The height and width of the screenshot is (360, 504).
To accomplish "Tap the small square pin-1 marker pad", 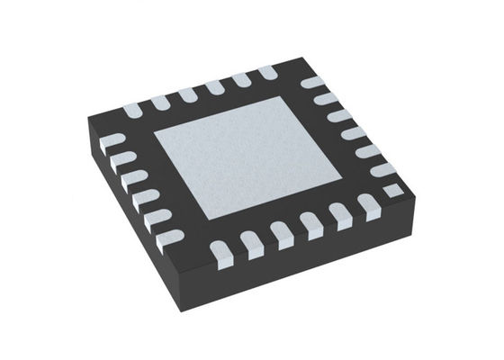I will click(391, 190).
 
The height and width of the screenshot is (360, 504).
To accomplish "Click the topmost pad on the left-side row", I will click(112, 141).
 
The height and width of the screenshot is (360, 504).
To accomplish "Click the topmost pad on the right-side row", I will click(310, 84).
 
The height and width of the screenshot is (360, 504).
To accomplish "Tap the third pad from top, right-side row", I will click(337, 116).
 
